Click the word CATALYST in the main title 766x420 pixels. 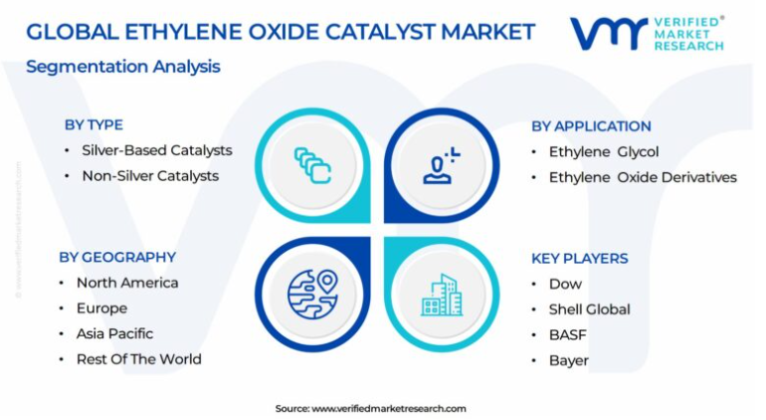pyautogui.click(x=381, y=32)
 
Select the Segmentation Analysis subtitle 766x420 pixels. pyautogui.click(x=123, y=67)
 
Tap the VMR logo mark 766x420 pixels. pyautogui.click(x=608, y=34)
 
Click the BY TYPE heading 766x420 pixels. pyautogui.click(x=94, y=124)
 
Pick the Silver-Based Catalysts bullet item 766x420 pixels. pyautogui.click(x=157, y=150)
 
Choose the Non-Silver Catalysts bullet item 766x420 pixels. pyautogui.click(x=150, y=175)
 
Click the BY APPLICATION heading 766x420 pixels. pyautogui.click(x=591, y=126)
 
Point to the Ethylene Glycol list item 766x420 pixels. pyautogui.click(x=604, y=152)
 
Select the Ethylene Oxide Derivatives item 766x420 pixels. pyautogui.click(x=643, y=177)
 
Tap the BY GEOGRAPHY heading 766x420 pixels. pyautogui.click(x=117, y=257)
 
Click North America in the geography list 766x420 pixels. pyautogui.click(x=127, y=283)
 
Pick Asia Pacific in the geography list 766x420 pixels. pyautogui.click(x=114, y=333)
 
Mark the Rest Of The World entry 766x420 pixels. pyautogui.click(x=139, y=359)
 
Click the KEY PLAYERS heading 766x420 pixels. pyautogui.click(x=580, y=258)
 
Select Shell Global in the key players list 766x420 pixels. pyautogui.click(x=590, y=309)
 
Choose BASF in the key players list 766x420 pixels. pyautogui.click(x=568, y=335)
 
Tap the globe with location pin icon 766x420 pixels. pyautogui.click(x=312, y=295)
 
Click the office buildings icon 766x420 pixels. pyautogui.click(x=442, y=295)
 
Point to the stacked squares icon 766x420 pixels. pyautogui.click(x=312, y=165)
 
